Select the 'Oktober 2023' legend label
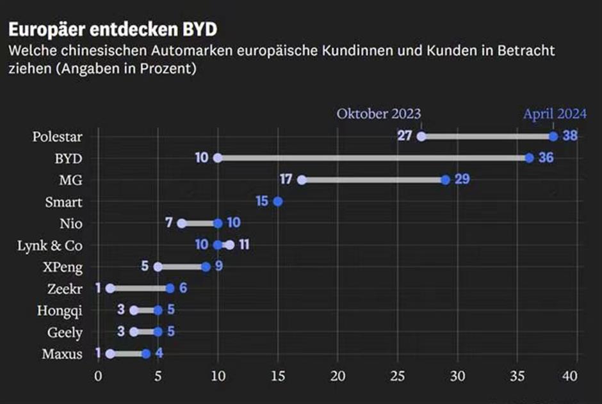(378, 114)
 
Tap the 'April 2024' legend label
(555, 114)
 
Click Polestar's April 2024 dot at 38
(553, 136)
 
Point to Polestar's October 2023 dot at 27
(421, 136)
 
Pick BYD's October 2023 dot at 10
(218, 158)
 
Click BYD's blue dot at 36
(529, 158)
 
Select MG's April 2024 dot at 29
(445, 180)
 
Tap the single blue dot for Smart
(277, 202)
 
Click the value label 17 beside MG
(286, 180)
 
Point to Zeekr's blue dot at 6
(170, 289)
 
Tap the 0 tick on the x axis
(98, 375)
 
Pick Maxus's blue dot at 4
(146, 353)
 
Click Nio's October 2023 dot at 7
(182, 223)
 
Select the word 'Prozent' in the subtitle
(165, 68)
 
